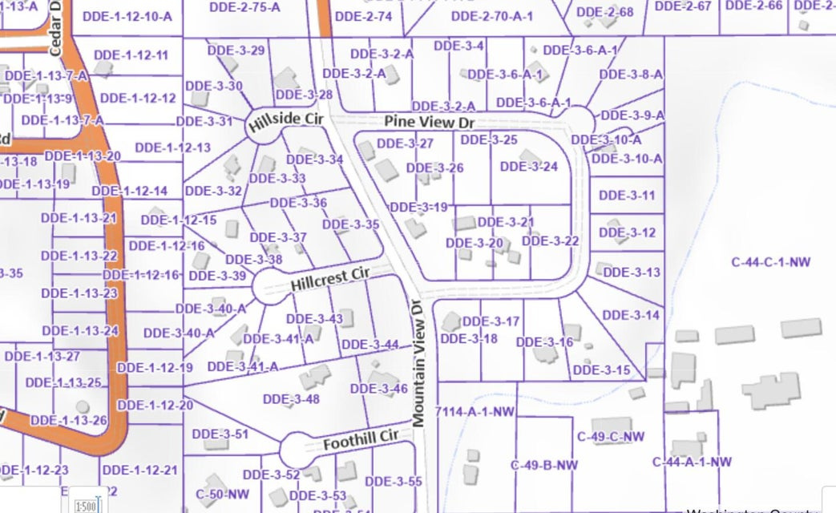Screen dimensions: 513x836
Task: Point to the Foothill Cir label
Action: pos(361,440)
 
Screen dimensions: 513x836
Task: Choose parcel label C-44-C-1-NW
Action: pos(771,261)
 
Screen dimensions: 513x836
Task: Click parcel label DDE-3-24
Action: pos(528,167)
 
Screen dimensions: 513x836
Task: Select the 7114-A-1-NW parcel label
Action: pos(474,412)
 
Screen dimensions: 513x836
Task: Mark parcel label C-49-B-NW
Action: pos(544,465)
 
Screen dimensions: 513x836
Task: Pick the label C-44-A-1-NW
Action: pos(692,462)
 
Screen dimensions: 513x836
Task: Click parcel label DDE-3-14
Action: pos(630,315)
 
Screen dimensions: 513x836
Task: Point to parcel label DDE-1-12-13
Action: pos(172,147)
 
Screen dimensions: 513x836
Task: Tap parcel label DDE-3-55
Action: pos(393,481)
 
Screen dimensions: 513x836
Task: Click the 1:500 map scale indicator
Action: pos(86,506)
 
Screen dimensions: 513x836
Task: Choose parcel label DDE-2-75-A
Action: pos(244,7)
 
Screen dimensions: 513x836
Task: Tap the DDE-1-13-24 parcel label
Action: pos(80,330)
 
